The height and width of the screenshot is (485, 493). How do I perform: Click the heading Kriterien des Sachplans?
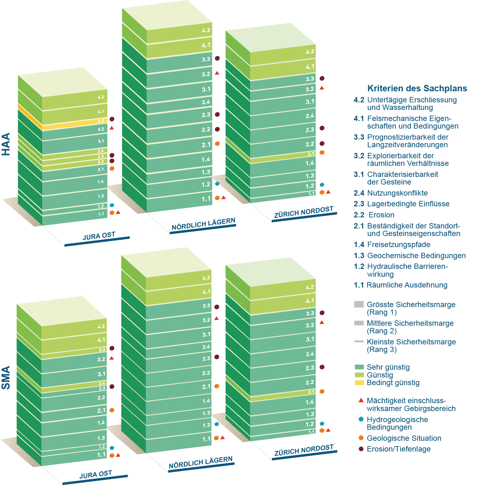[x=417, y=88]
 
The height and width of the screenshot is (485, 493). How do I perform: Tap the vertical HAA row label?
[x=6, y=144]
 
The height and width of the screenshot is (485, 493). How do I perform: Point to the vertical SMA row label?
[x=6, y=378]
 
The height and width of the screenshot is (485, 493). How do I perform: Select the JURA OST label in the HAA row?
[x=99, y=236]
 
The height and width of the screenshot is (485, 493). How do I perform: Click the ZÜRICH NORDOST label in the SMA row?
[x=304, y=450]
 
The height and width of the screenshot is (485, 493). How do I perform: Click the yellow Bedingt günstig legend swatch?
[x=359, y=383]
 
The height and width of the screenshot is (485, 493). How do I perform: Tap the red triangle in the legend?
[x=361, y=401]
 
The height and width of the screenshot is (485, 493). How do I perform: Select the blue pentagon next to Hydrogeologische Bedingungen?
[x=361, y=419]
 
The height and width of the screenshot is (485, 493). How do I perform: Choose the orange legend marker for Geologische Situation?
[x=361, y=438]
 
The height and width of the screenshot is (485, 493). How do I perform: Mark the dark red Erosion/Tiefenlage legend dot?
[x=361, y=449]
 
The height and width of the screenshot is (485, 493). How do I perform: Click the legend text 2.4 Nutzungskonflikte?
[x=391, y=193]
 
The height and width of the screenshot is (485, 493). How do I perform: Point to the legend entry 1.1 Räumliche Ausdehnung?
[x=400, y=285]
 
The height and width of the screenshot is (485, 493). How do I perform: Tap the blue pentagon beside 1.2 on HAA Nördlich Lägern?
[x=217, y=184]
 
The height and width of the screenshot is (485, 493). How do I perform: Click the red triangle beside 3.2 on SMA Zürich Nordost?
[x=322, y=322]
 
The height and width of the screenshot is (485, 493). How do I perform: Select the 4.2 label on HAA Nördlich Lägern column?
[x=206, y=30]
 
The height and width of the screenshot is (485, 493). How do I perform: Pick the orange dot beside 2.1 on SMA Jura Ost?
[x=112, y=410]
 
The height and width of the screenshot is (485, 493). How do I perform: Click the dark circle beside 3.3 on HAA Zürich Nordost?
[x=322, y=78]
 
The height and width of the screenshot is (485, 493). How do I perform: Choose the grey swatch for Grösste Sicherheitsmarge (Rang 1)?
[x=359, y=304]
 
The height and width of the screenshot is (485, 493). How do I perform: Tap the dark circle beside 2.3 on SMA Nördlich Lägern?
[x=217, y=357]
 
